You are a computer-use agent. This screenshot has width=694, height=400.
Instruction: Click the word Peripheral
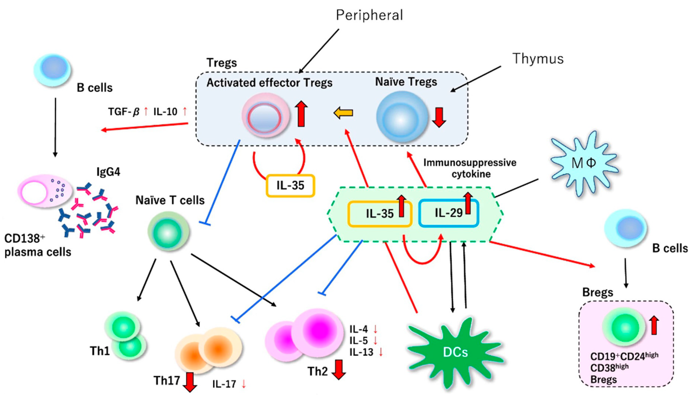tap(369, 15)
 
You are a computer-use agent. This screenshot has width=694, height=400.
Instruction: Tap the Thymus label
tap(538, 59)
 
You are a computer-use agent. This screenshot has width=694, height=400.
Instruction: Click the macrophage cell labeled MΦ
tap(584, 163)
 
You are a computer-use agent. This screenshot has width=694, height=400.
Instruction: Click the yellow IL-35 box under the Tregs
tap(290, 186)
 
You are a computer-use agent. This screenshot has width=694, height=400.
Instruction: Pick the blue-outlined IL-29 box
tap(449, 213)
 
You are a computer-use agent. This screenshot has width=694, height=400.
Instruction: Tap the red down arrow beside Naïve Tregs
tap(439, 117)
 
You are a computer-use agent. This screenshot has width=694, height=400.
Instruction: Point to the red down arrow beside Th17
tap(190, 382)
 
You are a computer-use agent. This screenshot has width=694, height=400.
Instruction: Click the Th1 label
tap(99, 351)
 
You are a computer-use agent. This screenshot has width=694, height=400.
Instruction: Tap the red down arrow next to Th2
tap(339, 370)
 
